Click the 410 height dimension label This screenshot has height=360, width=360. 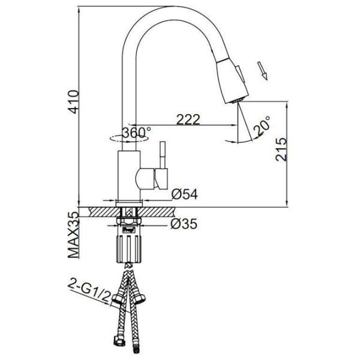click(74, 102)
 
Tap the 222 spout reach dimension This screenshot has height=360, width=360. click(188, 119)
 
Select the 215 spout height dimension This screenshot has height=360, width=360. click(281, 149)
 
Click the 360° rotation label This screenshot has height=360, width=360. click(136, 133)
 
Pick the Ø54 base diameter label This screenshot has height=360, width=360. click(184, 194)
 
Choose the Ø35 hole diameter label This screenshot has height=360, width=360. click(184, 224)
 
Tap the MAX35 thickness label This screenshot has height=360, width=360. click(73, 235)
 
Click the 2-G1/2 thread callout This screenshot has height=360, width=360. click(89, 290)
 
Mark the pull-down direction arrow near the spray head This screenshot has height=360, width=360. click(262, 71)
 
